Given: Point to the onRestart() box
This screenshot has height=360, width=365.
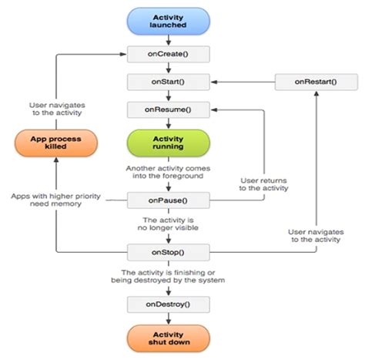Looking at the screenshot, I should pos(316,82).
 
